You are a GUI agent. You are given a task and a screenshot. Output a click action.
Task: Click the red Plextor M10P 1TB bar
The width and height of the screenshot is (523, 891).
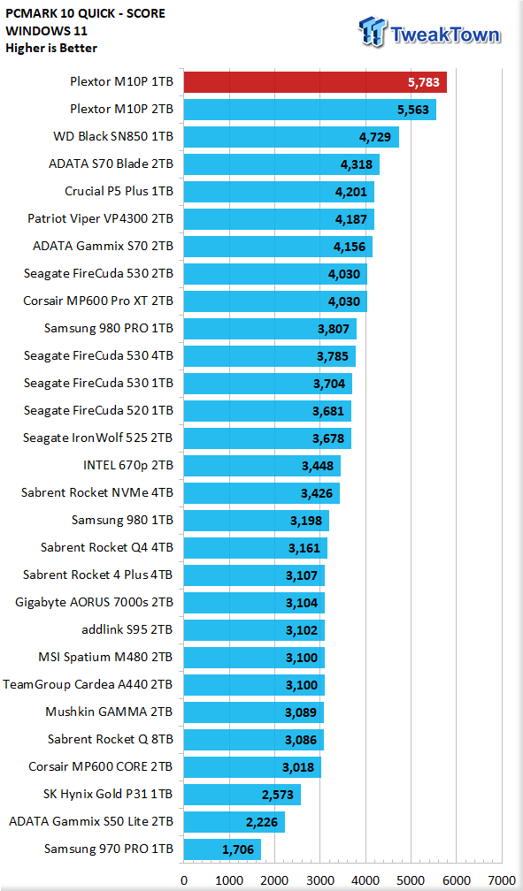(315, 82)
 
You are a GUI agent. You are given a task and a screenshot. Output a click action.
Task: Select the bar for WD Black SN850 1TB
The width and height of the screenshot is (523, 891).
(291, 137)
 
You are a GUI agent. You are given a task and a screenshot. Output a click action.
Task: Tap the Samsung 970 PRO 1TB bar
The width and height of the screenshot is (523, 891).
(222, 849)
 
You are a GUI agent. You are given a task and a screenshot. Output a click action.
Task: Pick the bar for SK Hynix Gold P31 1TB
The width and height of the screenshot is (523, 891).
(242, 795)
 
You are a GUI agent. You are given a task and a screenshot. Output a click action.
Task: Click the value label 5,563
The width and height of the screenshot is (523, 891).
(413, 110)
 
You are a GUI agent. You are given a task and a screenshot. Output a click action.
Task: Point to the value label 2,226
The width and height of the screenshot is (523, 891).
(262, 822)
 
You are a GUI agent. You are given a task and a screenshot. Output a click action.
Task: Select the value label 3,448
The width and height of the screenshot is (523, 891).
(318, 466)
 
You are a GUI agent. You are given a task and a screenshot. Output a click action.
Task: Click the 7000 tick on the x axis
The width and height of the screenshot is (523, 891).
(502, 880)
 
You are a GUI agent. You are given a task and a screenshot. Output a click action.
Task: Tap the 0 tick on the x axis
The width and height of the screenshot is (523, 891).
(184, 880)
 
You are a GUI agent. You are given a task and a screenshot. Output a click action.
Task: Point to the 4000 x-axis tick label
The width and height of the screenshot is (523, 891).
(366, 880)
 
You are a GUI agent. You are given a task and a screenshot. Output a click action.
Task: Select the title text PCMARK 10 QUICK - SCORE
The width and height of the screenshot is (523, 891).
(85, 13)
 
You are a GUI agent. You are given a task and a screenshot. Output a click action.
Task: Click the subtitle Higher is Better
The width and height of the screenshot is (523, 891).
(51, 48)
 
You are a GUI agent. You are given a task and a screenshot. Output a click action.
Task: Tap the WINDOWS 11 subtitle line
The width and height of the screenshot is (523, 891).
(46, 31)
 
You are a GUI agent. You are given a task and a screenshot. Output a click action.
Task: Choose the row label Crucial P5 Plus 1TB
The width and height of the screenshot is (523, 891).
(119, 192)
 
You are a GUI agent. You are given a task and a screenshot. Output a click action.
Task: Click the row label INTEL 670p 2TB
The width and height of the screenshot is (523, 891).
(128, 466)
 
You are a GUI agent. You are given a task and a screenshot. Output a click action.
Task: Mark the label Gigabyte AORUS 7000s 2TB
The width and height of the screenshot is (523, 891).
(95, 602)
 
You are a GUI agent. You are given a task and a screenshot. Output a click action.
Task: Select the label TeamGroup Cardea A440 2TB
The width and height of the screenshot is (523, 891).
(88, 685)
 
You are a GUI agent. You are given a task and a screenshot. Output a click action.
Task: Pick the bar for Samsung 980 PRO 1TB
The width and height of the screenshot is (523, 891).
(270, 329)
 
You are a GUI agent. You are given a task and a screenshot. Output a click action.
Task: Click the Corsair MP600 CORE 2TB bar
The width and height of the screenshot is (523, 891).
(252, 767)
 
